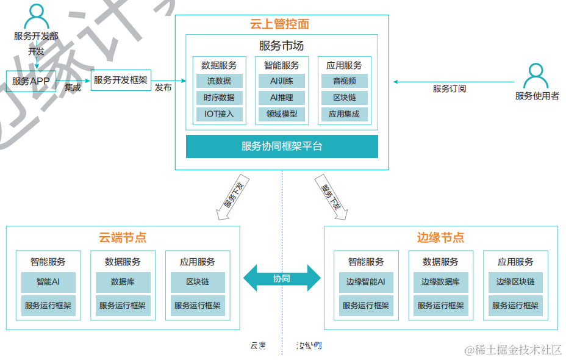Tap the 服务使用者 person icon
(x=536, y=76)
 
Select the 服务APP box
(x=30, y=81)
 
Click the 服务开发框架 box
(x=121, y=80)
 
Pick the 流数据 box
(x=219, y=81)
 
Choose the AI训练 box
(x=281, y=81)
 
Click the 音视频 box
(x=344, y=81)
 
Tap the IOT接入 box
(x=219, y=113)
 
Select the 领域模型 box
(x=281, y=113)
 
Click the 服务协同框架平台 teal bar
(x=282, y=146)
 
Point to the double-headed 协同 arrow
(x=282, y=278)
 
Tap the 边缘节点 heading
(x=440, y=237)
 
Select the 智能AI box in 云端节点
(x=48, y=282)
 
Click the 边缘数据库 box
(x=440, y=282)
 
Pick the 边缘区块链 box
(x=515, y=282)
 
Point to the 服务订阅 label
(x=450, y=88)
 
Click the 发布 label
(x=163, y=88)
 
